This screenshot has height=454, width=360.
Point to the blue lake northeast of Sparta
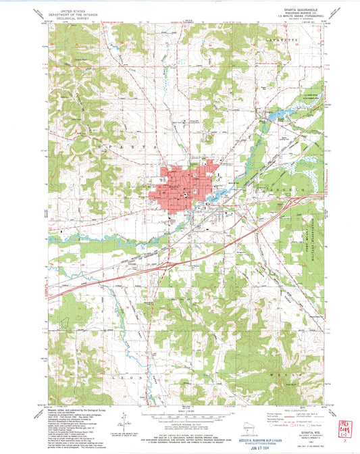(x=274, y=117)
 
